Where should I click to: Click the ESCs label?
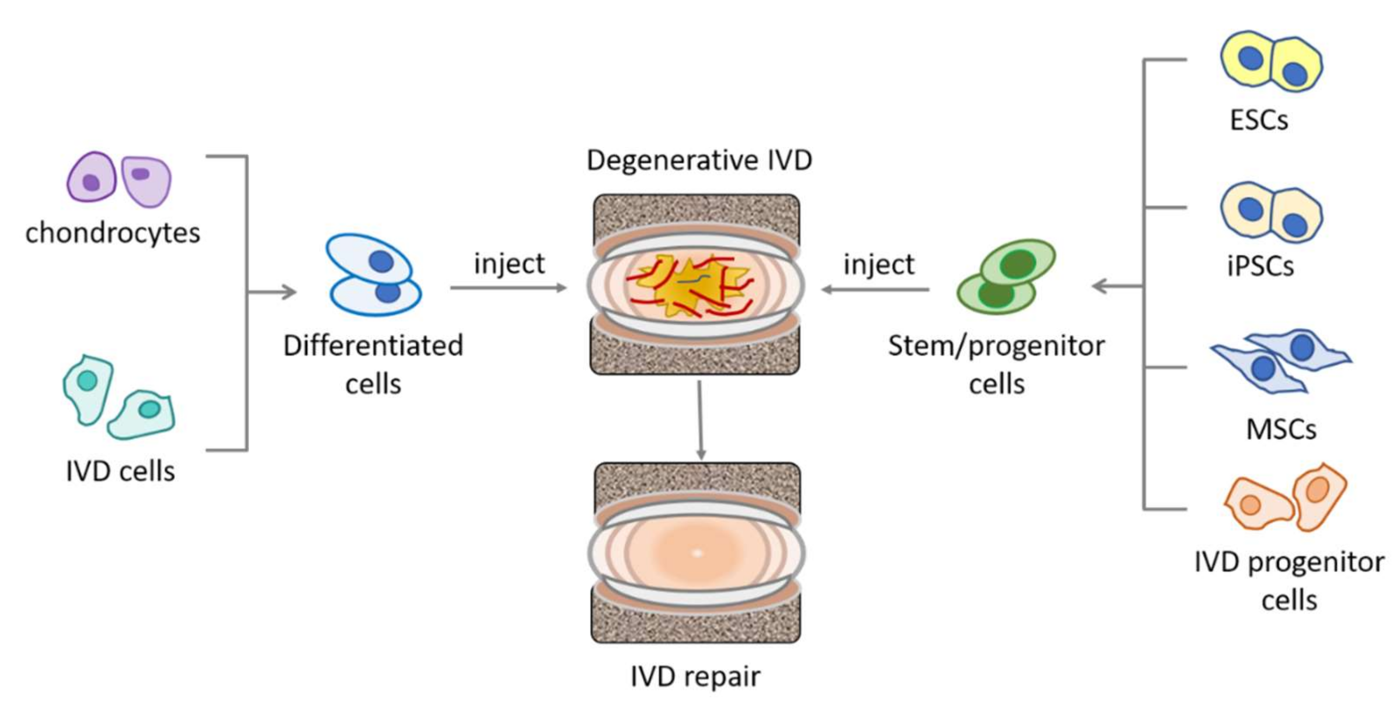1258,120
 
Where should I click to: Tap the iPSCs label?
1260,266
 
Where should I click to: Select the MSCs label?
1281,430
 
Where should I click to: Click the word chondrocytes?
113,233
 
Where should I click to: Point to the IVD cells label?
120,471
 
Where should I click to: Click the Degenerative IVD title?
699,161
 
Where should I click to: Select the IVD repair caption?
695,677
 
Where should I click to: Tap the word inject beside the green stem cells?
878,265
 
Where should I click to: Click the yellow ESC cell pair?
1271,61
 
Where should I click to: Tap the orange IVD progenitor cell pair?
1286,498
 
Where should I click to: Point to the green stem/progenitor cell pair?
1006,277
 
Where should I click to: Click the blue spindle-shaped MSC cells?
1281,360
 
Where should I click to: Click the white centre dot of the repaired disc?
697,553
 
